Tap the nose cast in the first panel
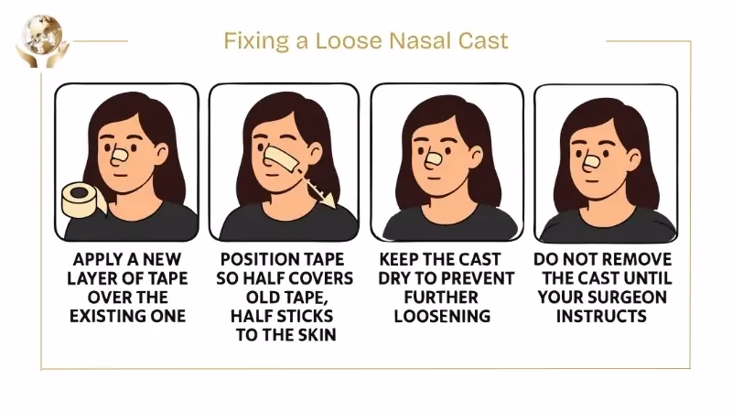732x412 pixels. point(120,154)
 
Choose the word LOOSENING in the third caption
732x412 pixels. point(443,316)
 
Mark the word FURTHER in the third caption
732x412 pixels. point(443,297)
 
